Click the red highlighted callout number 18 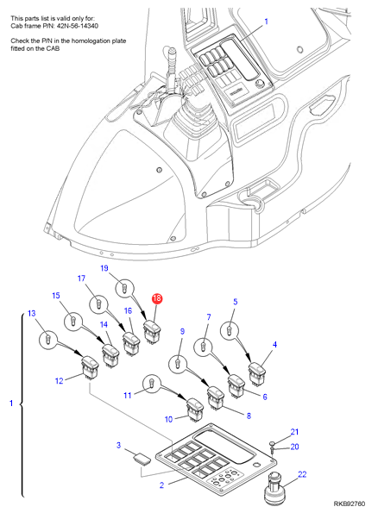pos(157,298)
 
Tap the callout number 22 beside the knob pos(302,474)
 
